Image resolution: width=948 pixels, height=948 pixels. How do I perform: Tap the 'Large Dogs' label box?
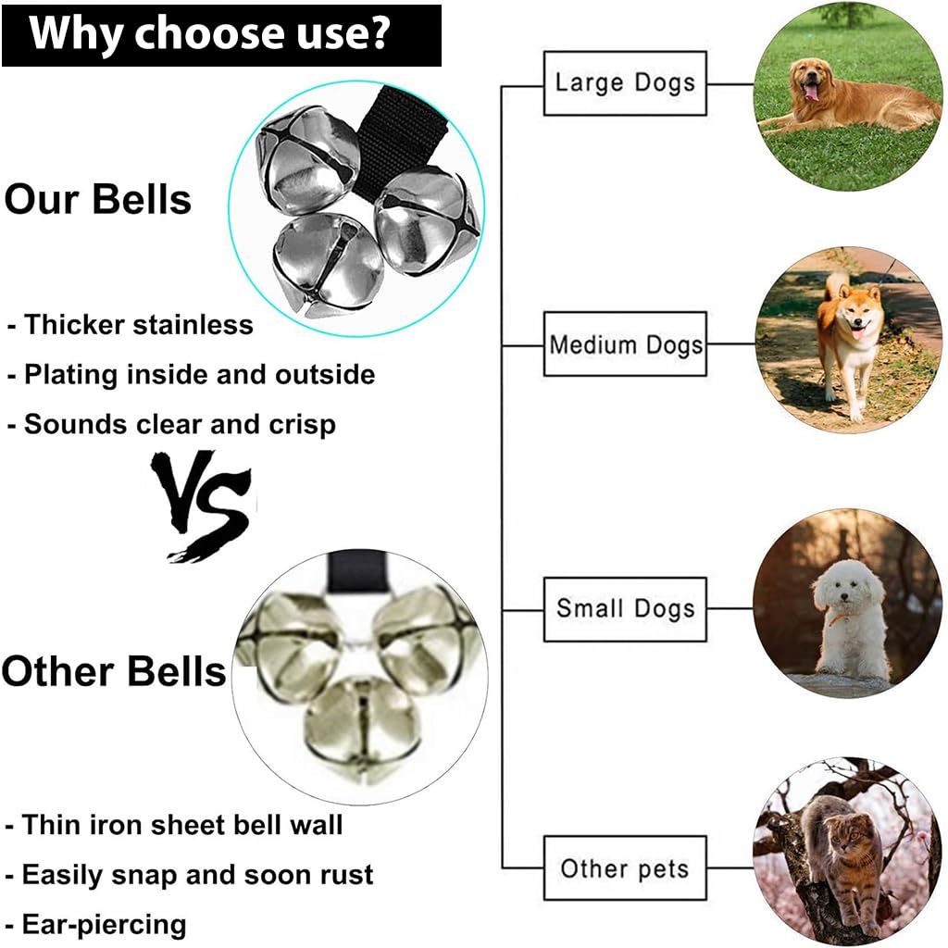pyautogui.click(x=625, y=83)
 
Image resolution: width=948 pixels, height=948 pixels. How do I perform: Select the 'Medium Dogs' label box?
pyautogui.click(x=625, y=345)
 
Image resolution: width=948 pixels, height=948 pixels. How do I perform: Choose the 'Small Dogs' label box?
pyautogui.click(x=625, y=608)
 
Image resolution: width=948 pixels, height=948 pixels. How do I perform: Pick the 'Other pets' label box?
pyautogui.click(x=625, y=868)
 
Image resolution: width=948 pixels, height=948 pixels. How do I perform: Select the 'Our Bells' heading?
pyautogui.click(x=97, y=199)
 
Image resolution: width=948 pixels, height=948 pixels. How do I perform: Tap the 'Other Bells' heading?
pyautogui.click(x=113, y=670)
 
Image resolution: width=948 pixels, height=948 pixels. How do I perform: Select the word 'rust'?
pyautogui.click(x=343, y=875)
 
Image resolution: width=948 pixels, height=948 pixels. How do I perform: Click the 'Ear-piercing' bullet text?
pyautogui.click(x=104, y=924)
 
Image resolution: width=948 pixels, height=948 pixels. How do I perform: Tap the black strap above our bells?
pyautogui.click(x=389, y=139)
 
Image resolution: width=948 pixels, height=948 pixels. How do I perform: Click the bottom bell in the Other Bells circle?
pyautogui.click(x=361, y=727)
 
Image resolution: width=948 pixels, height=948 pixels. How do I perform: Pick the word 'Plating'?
pyautogui.click(x=71, y=375)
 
